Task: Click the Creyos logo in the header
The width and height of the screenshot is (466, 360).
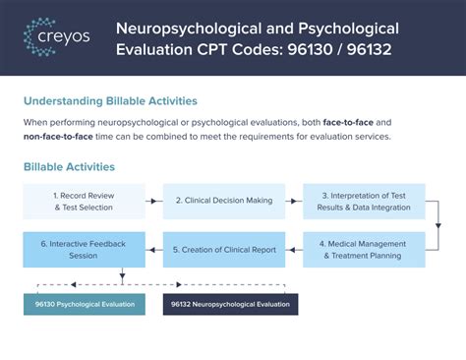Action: point(57,36)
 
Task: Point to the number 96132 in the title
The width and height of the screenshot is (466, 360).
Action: point(370,50)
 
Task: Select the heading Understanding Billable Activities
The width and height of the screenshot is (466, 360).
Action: point(110,101)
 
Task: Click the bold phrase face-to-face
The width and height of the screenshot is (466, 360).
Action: point(348,123)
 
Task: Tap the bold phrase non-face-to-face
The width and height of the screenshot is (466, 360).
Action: point(58,137)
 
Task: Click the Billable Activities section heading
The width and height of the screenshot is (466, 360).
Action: point(69,167)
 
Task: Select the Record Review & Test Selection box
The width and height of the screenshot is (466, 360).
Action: point(84,202)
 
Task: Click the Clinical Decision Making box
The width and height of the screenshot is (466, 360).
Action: point(224,202)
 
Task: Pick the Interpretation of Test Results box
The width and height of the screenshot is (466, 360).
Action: point(364,202)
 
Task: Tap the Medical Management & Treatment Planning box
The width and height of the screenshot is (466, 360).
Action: point(364,250)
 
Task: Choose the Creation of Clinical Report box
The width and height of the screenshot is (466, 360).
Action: point(224,250)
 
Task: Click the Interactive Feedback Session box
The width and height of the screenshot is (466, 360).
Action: point(84,250)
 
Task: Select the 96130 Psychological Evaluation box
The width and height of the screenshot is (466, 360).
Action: point(85,304)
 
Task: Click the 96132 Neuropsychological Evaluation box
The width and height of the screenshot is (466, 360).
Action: point(231,304)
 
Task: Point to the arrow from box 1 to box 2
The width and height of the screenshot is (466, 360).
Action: point(154,201)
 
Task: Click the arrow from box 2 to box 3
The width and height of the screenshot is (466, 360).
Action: point(294,201)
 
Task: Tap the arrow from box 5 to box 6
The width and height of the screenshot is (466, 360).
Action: point(154,250)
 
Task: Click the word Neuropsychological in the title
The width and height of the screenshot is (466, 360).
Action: point(189,29)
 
